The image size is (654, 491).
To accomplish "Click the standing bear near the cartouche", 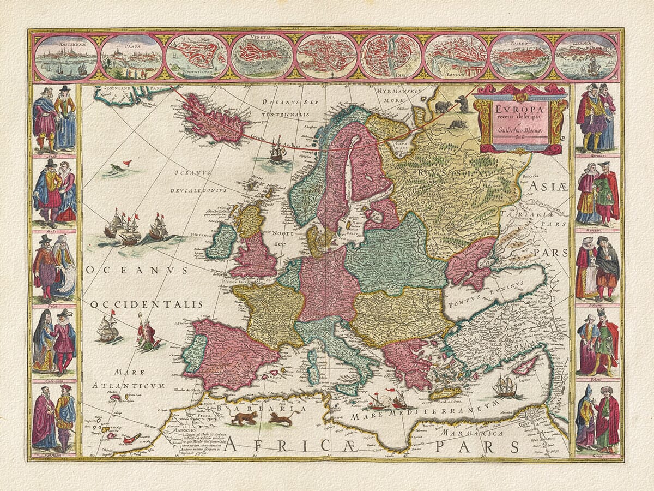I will pos(463,103).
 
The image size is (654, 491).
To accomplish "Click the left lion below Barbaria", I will pos(243,418).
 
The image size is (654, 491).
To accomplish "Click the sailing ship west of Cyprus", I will pos(504,387).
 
